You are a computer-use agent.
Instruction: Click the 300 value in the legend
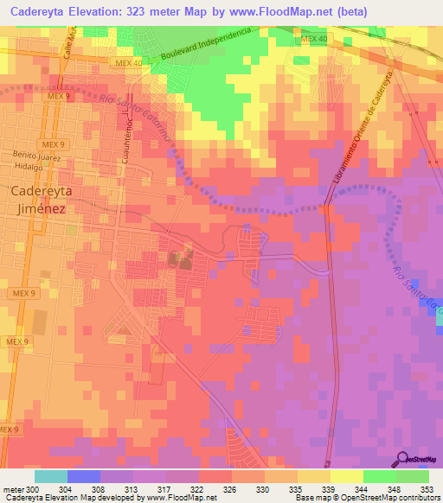click(x=35, y=489)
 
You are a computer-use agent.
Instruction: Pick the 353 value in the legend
click(x=425, y=489)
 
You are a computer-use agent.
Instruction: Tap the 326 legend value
click(x=228, y=489)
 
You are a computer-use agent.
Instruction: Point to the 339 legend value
click(x=326, y=489)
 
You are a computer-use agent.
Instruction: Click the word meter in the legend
click(x=13, y=489)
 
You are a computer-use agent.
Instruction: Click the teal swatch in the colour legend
click(x=51, y=476)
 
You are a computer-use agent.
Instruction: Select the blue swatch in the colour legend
click(x=84, y=476)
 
